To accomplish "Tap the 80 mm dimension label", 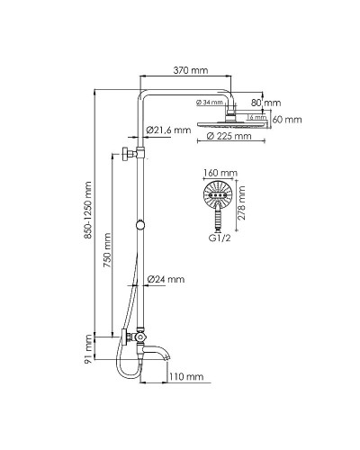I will coord(268,103).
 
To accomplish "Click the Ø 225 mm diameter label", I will coord(229,137).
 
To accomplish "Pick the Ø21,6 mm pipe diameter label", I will coord(171,130).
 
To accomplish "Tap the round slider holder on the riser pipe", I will coord(141,223).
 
